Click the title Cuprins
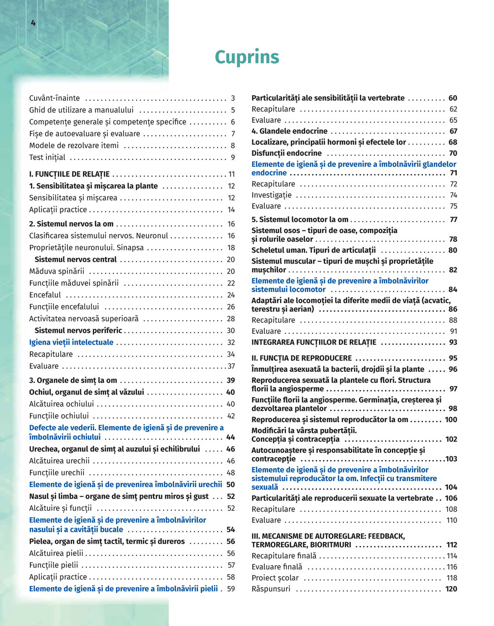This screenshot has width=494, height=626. [247, 57]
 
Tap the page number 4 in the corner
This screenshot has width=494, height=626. [33, 23]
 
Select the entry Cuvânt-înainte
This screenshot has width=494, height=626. [54, 98]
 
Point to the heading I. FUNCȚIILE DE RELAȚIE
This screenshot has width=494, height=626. [69, 174]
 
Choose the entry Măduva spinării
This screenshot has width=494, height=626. [57, 272]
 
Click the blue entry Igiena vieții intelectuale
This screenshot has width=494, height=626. [71, 343]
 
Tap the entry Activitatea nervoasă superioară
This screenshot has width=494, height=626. [84, 319]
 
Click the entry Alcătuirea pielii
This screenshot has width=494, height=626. [56, 553]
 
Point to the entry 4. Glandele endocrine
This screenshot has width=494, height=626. [289, 131]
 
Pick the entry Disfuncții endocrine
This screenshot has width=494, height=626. [287, 154]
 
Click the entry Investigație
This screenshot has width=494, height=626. [272, 195]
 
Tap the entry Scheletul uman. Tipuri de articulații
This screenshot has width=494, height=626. [314, 250]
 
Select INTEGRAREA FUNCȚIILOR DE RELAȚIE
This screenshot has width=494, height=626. [314, 342]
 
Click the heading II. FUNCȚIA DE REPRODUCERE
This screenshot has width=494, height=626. [301, 358]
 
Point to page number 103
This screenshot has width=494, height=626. [451, 459]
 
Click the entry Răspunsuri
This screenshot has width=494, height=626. [271, 589]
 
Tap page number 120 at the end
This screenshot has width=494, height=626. [451, 589]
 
